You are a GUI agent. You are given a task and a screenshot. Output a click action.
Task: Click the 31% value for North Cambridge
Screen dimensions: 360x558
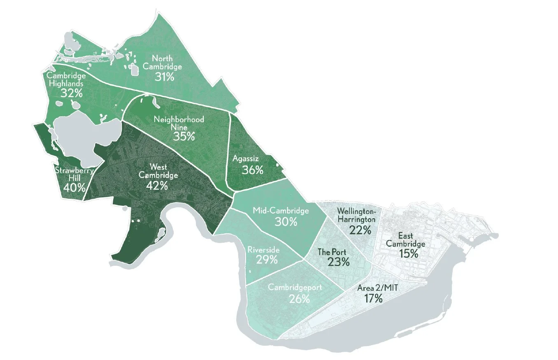(x=164, y=76)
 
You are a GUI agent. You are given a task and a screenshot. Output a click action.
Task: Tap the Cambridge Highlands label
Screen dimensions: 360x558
(x=66, y=80)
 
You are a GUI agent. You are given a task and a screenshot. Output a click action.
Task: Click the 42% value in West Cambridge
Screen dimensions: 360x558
(x=157, y=185)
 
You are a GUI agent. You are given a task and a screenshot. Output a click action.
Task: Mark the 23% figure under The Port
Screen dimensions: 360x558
(x=339, y=262)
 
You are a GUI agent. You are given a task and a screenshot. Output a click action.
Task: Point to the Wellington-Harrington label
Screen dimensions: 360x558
(x=356, y=215)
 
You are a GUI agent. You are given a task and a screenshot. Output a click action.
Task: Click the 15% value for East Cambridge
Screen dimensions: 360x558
(x=408, y=253)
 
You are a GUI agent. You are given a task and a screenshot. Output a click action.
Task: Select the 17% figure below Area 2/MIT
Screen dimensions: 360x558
(x=374, y=298)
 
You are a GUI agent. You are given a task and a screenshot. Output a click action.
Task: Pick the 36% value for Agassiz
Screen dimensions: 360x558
(x=253, y=170)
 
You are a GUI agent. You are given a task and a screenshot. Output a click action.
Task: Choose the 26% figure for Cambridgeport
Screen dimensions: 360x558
(x=299, y=299)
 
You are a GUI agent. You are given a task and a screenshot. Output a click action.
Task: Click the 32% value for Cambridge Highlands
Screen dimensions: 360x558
(x=71, y=93)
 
